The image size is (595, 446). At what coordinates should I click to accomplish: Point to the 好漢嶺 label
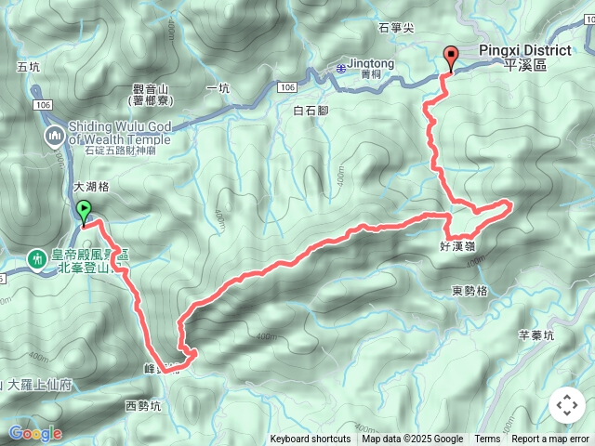tap(458, 246)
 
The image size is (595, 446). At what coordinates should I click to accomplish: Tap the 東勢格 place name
tap(469, 291)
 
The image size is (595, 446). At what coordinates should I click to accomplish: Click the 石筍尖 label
tap(395, 29)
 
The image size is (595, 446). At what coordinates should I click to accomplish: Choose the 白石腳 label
tap(311, 111)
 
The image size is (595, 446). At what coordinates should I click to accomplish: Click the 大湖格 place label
tap(91, 187)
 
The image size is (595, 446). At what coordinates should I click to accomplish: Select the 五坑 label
tap(29, 67)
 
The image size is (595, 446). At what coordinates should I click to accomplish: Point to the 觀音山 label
tap(151, 89)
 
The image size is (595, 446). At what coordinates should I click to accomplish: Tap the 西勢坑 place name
tap(142, 406)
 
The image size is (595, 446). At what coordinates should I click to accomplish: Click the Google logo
tap(36, 433)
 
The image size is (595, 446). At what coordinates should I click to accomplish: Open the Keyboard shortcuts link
tap(311, 439)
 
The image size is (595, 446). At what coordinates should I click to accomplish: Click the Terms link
tap(487, 439)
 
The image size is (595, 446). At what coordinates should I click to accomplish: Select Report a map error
tap(550, 439)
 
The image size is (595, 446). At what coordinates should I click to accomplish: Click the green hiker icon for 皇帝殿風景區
tap(38, 257)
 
